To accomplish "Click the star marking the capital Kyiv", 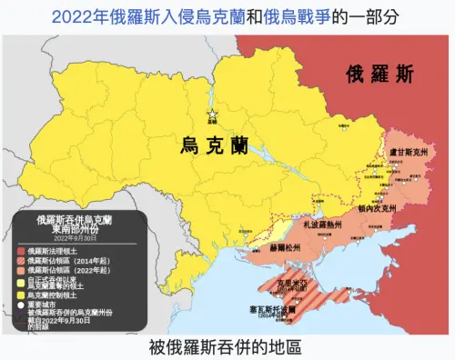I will point(213,112).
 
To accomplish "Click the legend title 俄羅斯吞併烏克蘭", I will point(75,220).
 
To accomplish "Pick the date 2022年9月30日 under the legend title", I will point(75,240).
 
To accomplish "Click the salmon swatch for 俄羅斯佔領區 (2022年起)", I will point(21,270).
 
